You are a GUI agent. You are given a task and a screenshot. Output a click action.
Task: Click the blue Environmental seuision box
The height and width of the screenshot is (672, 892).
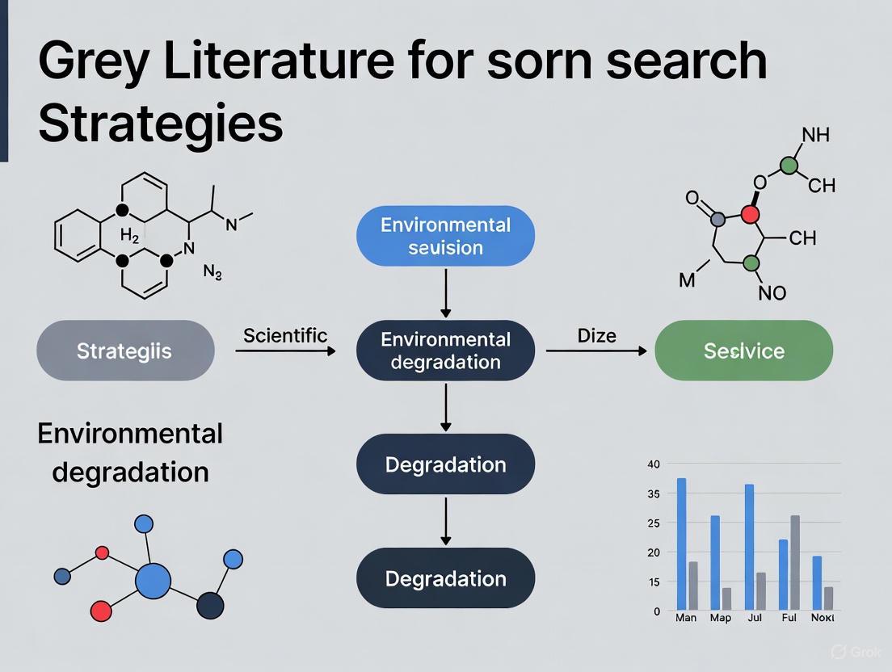445,236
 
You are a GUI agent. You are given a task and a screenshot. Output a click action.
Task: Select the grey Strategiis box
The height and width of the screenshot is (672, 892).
125,351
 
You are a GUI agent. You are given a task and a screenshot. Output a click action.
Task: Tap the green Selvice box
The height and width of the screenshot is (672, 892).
743,351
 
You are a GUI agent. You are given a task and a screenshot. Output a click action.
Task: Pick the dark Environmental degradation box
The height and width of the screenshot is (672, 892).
445,351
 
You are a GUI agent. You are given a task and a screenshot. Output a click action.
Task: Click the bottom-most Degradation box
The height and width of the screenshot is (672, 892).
445,578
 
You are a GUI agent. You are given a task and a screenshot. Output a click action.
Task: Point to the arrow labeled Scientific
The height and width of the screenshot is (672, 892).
285,351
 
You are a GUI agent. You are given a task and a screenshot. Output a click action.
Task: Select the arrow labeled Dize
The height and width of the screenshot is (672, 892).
596,351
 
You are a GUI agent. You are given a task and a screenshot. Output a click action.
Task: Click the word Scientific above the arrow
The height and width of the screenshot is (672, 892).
285,334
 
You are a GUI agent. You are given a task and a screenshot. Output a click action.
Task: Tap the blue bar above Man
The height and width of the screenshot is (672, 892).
681,544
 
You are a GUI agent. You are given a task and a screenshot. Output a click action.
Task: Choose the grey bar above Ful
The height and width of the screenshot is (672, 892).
795,563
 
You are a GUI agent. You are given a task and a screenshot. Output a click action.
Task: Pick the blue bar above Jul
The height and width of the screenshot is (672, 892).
749,548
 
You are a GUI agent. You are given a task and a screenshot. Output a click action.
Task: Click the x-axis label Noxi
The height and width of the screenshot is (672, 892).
822,618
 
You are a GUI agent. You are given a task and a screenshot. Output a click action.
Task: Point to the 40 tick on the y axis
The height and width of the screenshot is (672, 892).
654,464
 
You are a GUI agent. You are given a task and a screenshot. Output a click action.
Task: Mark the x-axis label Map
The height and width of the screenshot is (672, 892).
720,618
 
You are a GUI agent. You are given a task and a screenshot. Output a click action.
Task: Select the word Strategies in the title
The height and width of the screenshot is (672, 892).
160,124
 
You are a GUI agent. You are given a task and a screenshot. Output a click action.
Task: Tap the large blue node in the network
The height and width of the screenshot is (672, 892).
153,581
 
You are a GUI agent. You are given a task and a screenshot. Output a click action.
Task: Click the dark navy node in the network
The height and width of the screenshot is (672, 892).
210,604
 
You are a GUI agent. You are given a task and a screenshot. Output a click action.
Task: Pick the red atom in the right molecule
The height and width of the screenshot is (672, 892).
751,213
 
